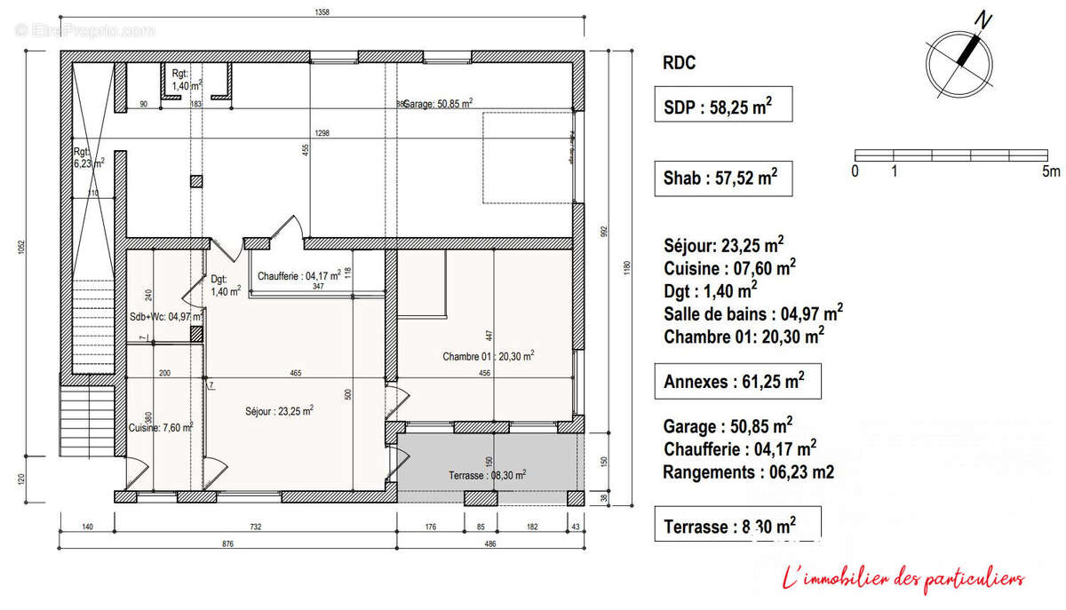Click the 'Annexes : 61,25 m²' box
tap(736, 382)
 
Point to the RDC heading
tap(680, 63)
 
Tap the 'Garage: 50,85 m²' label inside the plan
tap(437, 104)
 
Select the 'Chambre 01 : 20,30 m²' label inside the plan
tap(488, 356)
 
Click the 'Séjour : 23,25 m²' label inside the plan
tap(278, 411)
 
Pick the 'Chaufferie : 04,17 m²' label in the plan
tap(298, 276)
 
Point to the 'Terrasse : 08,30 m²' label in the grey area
tap(487, 475)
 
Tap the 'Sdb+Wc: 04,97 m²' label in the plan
tap(167, 315)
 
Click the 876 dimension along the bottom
tap(228, 544)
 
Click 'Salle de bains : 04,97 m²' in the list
tap(752, 313)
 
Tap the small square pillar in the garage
tap(195, 181)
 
